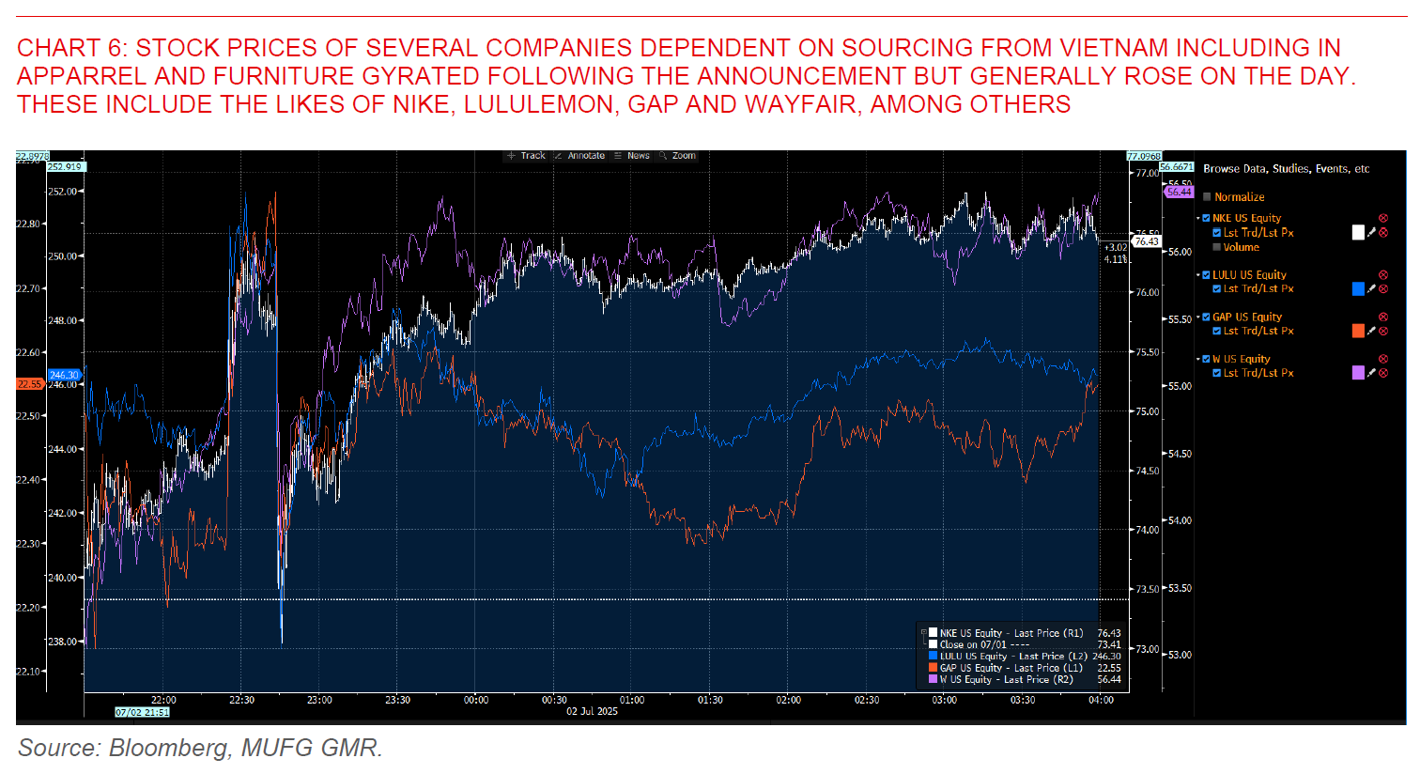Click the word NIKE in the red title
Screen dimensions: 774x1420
[x=422, y=103]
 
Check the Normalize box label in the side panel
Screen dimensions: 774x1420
[x=1239, y=197]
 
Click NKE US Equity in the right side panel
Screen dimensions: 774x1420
[x=1246, y=218]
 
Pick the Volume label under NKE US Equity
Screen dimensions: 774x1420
[x=1241, y=247]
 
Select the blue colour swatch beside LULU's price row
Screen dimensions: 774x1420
[x=1358, y=289]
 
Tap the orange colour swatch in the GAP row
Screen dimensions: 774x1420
[x=1358, y=331]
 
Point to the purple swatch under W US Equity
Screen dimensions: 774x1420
[x=1358, y=373]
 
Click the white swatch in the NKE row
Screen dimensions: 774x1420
[x=1358, y=232]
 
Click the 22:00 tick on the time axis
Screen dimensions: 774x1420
[x=163, y=700]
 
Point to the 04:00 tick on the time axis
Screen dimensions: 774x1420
[x=1101, y=700]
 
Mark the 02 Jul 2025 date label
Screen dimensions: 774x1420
[x=592, y=711]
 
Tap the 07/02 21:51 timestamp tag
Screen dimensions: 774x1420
[x=142, y=712]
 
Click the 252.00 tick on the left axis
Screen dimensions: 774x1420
[x=63, y=192]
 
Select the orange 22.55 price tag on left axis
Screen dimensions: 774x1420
[x=30, y=384]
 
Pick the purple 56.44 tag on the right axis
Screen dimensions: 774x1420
[x=1179, y=192]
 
